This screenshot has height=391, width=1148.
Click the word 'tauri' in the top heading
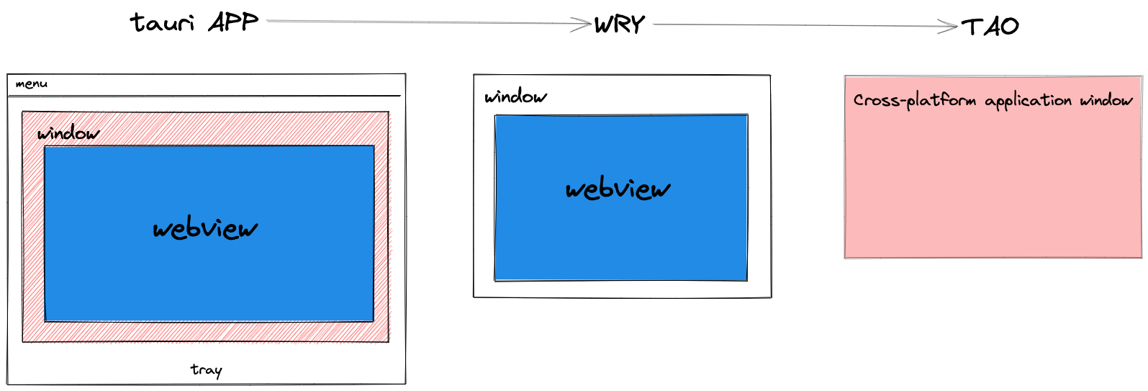[x=162, y=23]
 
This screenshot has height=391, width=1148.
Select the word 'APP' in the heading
[x=233, y=22]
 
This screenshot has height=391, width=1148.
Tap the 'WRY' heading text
[x=619, y=25]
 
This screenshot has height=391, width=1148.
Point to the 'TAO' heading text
[x=990, y=27]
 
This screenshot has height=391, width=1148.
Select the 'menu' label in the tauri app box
[x=31, y=84]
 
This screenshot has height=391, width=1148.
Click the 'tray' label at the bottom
[x=206, y=369]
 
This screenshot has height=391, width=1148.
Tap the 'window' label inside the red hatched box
[x=68, y=133]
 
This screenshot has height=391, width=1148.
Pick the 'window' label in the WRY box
[x=515, y=96]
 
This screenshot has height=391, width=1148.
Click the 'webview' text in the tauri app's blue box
[x=205, y=229]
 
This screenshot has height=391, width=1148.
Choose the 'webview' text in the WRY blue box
[x=618, y=189]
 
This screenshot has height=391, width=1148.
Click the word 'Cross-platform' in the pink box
[x=914, y=100]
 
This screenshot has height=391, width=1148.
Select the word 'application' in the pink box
[x=1028, y=101]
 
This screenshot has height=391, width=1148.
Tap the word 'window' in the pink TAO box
[x=1106, y=100]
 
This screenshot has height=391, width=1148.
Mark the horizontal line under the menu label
[x=216, y=95]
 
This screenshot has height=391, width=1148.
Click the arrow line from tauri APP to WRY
[x=425, y=22]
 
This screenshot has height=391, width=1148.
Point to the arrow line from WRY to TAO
[x=799, y=26]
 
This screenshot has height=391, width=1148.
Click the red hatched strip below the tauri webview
[x=209, y=331]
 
